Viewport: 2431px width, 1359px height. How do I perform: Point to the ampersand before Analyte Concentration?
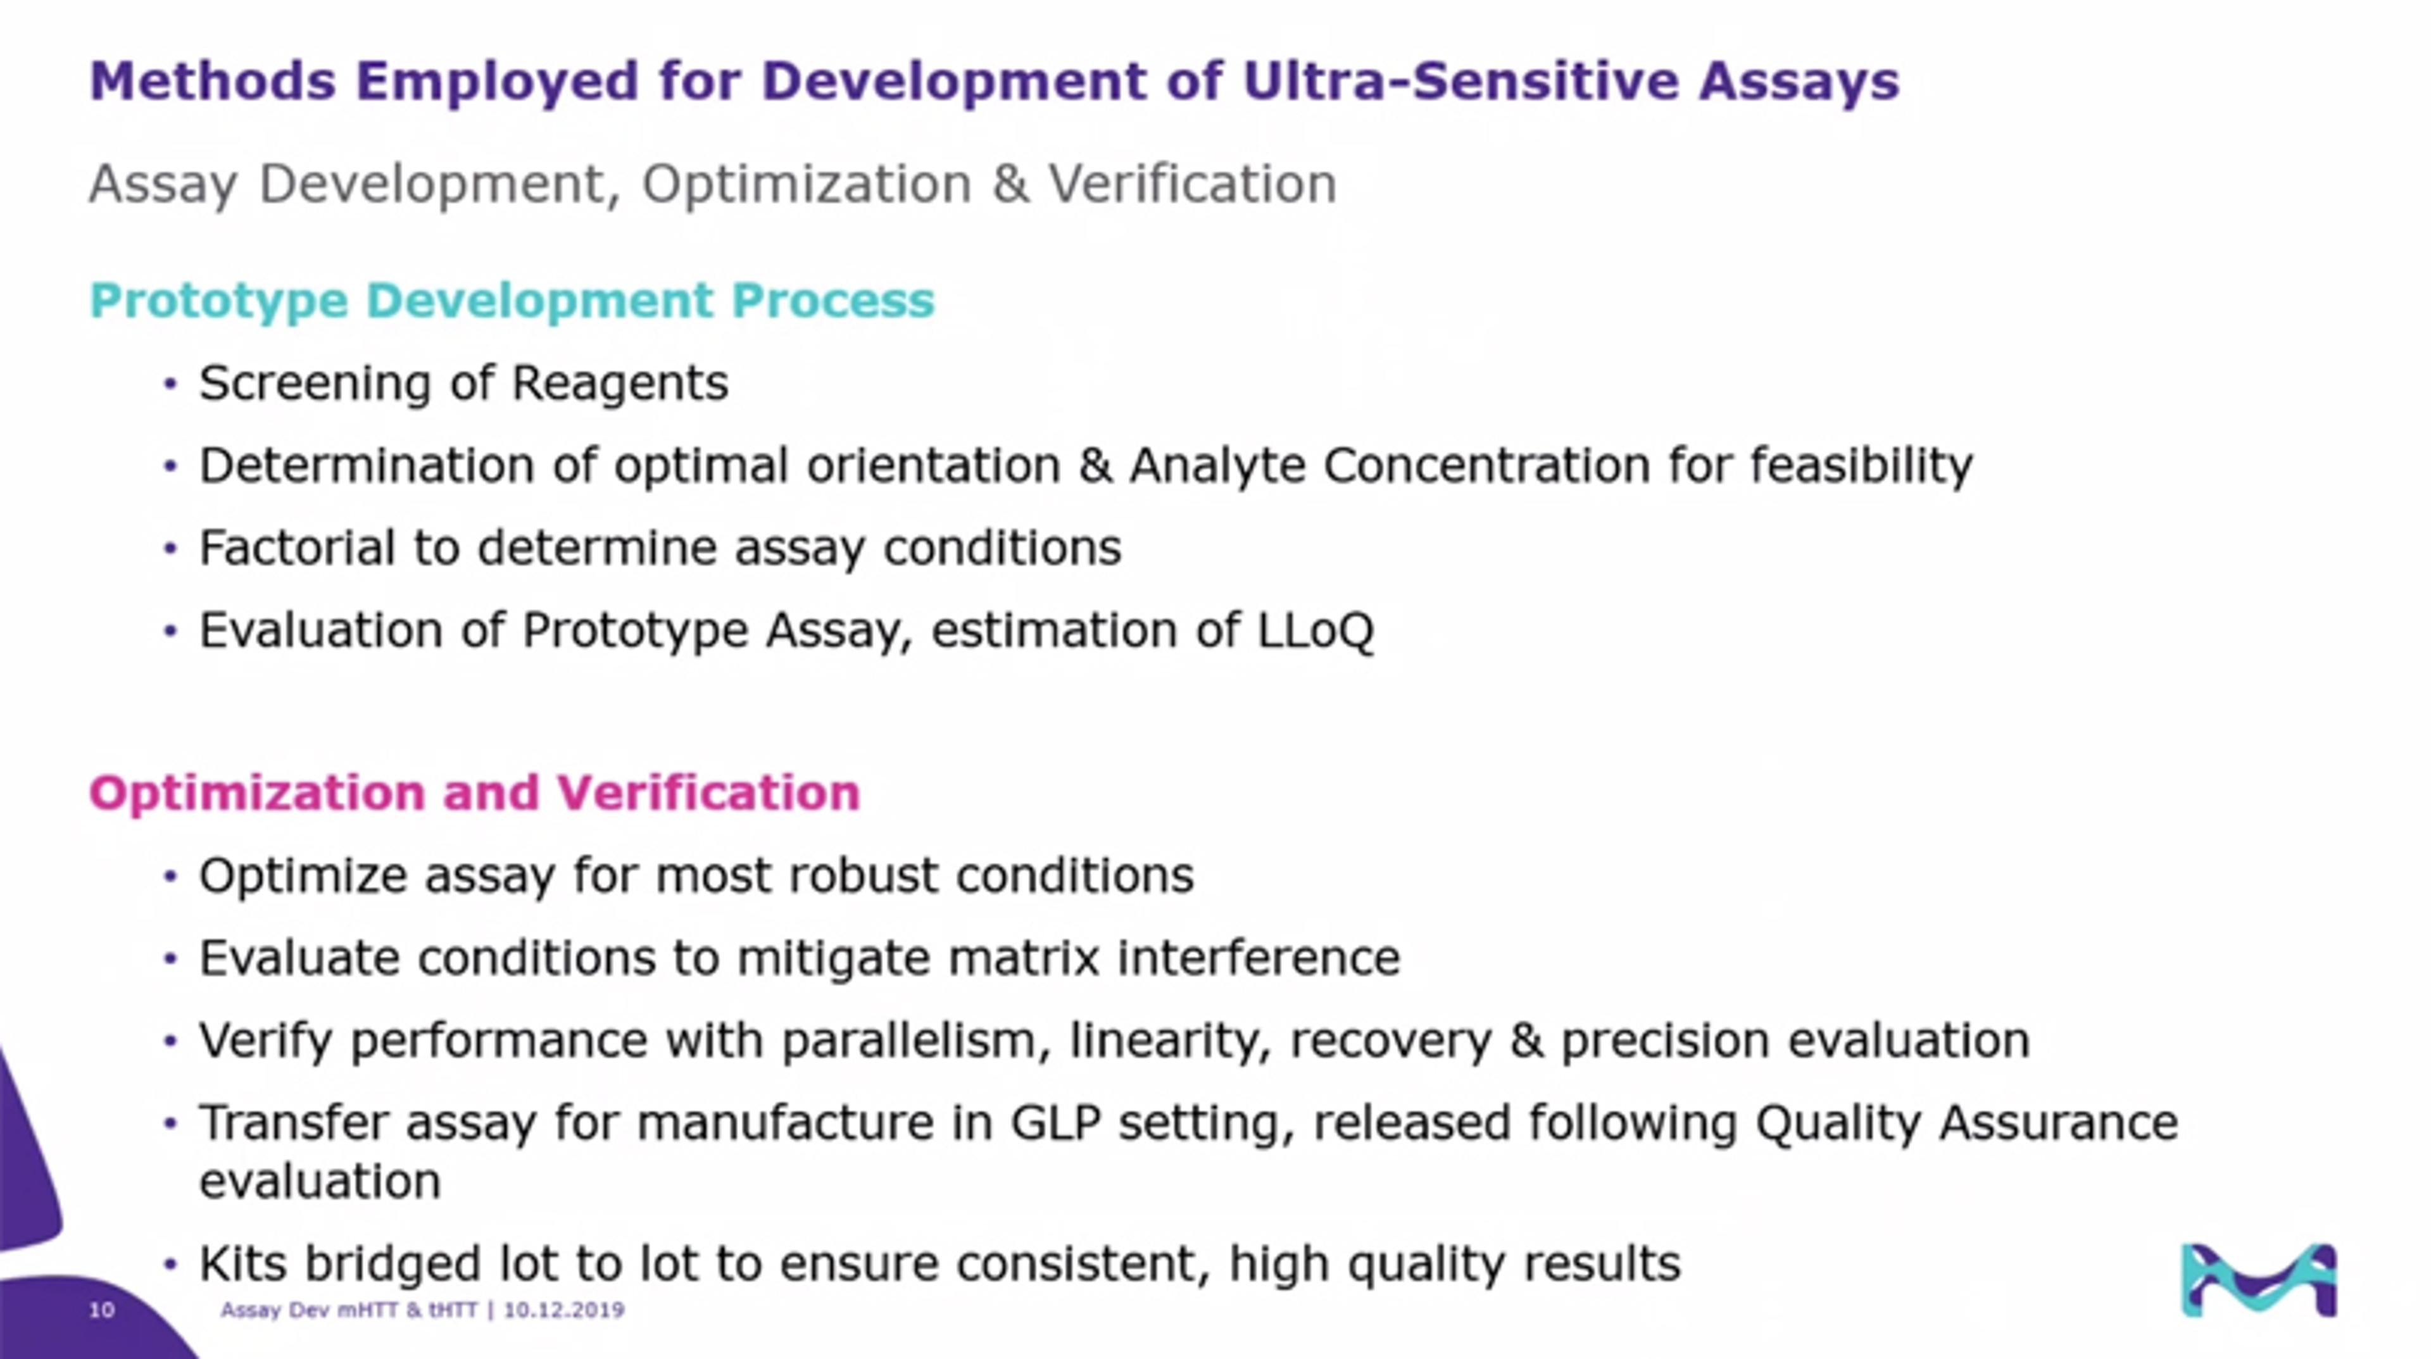click(x=1095, y=465)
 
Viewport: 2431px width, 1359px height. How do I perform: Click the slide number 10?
click(x=102, y=1310)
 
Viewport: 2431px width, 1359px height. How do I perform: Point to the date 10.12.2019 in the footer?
click(x=564, y=1310)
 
